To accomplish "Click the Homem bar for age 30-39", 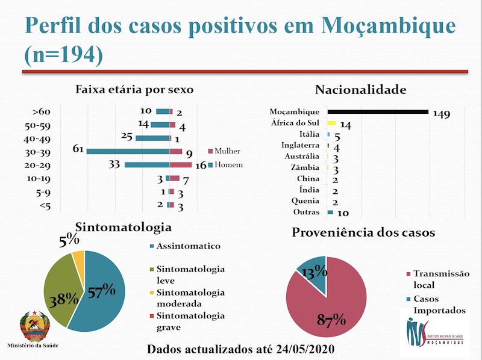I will click(128, 151).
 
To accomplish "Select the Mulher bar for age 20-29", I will click(181, 164).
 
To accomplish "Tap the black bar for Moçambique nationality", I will click(378, 111).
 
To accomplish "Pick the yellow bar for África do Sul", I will click(331, 123).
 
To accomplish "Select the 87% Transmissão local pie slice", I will click(328, 307).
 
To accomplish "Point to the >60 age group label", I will click(42, 111).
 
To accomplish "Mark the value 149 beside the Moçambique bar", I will click(442, 114).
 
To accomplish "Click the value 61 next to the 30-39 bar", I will click(78, 149).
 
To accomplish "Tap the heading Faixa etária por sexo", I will click(134, 90).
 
